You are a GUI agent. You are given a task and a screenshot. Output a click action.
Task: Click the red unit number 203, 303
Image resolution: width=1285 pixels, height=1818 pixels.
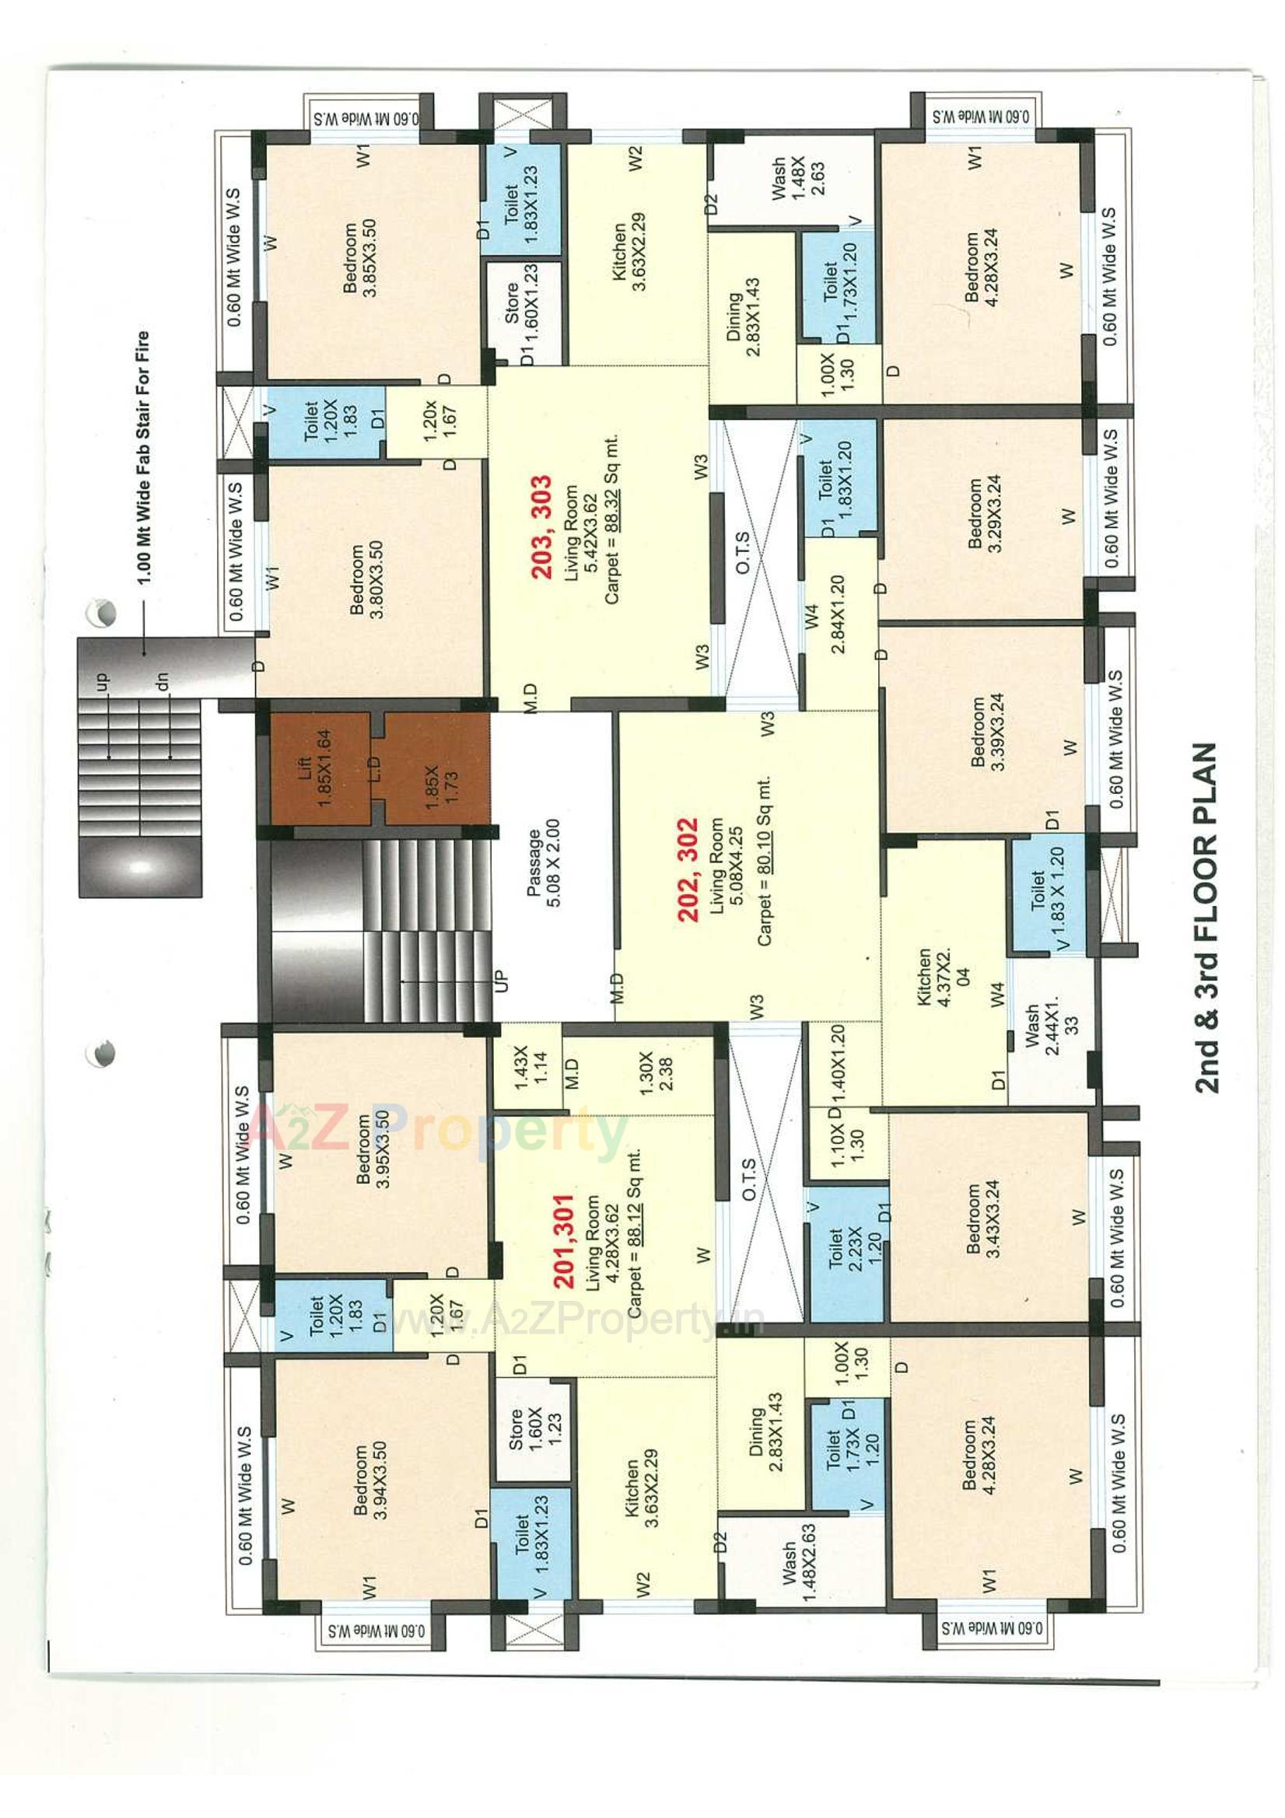click(x=542, y=526)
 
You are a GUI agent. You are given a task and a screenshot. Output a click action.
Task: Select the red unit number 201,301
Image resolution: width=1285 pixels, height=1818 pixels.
click(x=563, y=1243)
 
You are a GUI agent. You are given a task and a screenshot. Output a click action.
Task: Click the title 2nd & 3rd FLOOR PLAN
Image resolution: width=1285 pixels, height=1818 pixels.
click(x=1206, y=918)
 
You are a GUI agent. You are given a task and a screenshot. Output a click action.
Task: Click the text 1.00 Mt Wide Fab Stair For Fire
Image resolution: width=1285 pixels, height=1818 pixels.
click(x=143, y=458)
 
